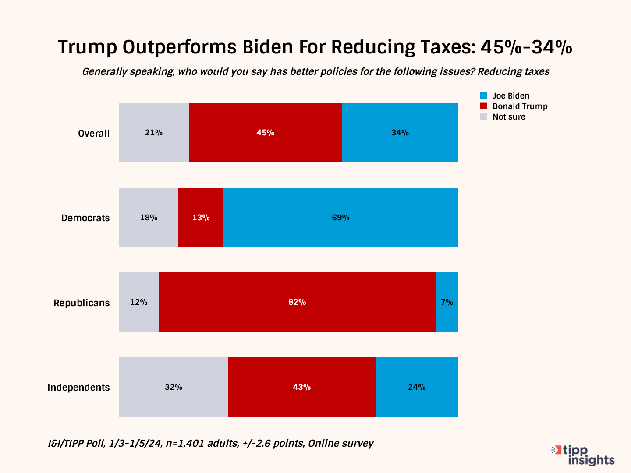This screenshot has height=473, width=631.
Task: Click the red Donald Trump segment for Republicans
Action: [297, 302]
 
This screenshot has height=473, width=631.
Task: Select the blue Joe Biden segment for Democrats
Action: [340, 218]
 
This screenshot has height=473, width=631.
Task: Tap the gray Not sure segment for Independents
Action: [174, 387]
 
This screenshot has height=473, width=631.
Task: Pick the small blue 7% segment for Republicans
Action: [447, 302]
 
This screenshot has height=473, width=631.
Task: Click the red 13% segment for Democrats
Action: [201, 218]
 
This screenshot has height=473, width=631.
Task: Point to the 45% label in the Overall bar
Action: [265, 133]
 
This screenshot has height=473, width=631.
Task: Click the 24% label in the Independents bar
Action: [417, 387]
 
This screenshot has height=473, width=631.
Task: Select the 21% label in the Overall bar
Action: [154, 133]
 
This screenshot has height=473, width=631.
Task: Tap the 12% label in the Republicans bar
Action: [138, 302]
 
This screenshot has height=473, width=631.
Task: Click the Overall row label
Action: [94, 134]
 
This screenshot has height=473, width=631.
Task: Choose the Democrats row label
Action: [85, 218]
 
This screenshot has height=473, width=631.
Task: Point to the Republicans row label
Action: [82, 303]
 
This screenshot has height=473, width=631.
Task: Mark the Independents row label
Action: [78, 388]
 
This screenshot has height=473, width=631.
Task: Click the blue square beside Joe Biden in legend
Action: [484, 96]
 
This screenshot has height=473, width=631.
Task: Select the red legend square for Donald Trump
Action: [484, 106]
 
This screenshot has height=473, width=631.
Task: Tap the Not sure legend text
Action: [509, 117]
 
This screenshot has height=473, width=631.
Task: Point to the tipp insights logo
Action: [584, 455]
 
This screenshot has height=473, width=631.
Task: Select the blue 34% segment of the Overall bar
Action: [400, 133]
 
